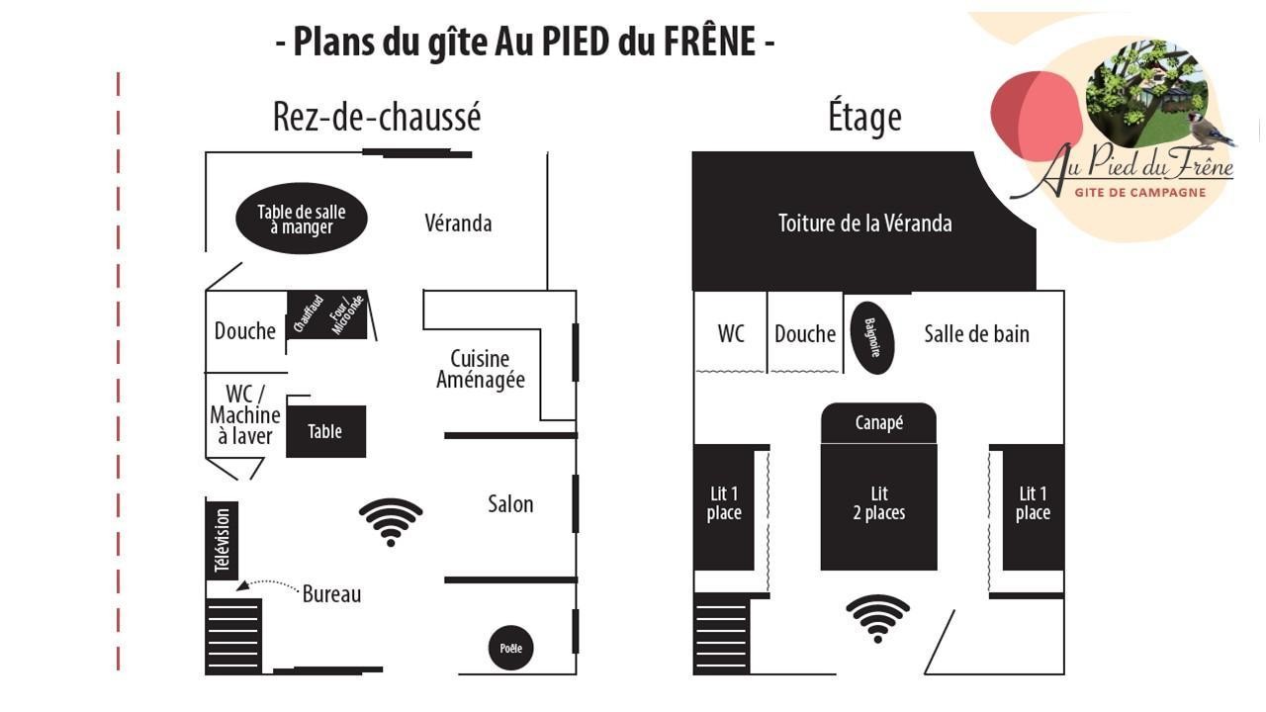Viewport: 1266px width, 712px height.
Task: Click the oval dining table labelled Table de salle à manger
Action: point(302,219)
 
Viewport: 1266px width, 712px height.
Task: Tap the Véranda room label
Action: point(458,223)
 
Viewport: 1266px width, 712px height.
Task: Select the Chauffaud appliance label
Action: point(308,313)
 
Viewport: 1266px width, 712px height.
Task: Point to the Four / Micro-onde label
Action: point(346,314)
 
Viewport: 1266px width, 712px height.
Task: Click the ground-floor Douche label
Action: point(244,330)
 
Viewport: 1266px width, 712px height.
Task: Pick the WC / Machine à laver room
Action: point(245,414)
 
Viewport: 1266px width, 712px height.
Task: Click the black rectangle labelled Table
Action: point(325,431)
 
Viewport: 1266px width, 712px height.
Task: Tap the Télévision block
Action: point(223,540)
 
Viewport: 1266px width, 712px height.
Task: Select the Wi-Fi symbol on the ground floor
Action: point(391,522)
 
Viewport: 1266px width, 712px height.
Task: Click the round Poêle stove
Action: point(511,648)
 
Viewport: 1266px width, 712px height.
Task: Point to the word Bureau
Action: point(331,594)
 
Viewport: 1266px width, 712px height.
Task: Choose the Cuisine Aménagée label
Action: point(481,369)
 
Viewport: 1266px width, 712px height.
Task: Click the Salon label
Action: point(511,504)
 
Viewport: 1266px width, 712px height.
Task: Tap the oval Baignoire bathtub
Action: point(872,338)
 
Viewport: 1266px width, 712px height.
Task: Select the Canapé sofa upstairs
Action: point(879,423)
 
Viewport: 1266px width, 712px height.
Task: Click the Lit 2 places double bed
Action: point(879,507)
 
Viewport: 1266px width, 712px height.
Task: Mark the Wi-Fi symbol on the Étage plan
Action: point(877,618)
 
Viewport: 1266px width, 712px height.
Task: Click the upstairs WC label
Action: point(731,333)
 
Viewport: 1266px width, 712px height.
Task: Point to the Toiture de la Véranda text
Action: point(865,223)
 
